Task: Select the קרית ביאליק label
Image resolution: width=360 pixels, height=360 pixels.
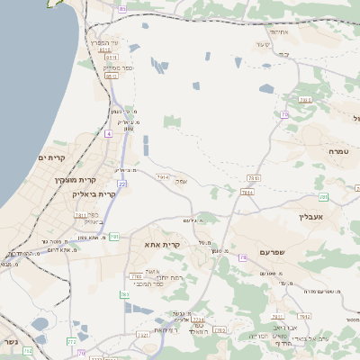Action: point(94,193)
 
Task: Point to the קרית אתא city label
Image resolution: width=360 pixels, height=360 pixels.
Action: point(163,244)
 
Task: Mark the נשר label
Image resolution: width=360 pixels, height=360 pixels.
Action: point(9,343)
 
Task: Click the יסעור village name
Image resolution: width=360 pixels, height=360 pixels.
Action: point(263,43)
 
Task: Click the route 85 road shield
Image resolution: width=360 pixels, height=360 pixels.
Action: point(122,8)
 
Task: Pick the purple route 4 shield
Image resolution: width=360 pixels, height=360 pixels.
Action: point(109,133)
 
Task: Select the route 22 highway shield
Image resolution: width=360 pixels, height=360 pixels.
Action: point(121,184)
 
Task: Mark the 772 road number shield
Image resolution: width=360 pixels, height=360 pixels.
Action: point(71,341)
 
